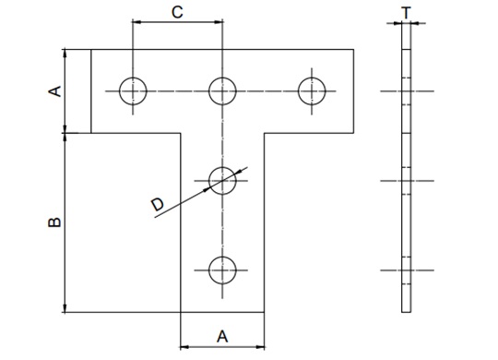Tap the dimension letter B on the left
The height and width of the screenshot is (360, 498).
tap(53, 222)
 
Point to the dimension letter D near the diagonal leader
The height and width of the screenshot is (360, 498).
tap(158, 204)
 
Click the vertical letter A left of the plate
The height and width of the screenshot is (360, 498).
tap(53, 91)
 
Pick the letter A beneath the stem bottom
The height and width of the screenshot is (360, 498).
tap(221, 333)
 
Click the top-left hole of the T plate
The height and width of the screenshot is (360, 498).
tap(133, 90)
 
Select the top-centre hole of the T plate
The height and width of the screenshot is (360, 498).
tap(222, 90)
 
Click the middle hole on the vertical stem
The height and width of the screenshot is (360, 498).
tap(222, 180)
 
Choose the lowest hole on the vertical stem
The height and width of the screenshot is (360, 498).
tap(222, 270)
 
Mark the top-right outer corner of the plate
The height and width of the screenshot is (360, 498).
tap(355, 49)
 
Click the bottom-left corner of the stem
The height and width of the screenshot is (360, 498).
tap(180, 313)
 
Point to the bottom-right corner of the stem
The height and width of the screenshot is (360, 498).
tap(265, 313)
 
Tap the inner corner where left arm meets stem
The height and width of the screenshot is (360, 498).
tap(180, 133)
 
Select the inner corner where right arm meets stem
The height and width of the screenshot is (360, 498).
tap(265, 133)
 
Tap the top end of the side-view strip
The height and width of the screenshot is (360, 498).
tap(407, 24)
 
